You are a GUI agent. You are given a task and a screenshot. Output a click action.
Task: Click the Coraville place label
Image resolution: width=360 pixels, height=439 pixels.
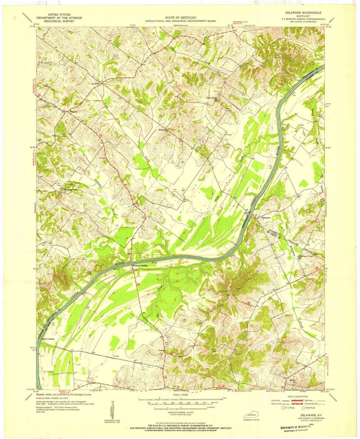pos(96,83)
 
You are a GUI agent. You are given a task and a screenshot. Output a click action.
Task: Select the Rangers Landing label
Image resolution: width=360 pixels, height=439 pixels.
pos(140,266)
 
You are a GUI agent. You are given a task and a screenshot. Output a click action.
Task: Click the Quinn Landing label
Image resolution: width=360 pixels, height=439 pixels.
pos(48,339)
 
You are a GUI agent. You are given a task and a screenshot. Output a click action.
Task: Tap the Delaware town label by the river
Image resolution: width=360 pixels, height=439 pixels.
pos(266,217)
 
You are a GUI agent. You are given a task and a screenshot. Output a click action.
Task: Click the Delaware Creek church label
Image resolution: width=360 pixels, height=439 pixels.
pos(306,256)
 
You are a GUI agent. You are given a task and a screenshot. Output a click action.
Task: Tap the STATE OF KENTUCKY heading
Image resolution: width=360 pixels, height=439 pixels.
pos(180,17)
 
